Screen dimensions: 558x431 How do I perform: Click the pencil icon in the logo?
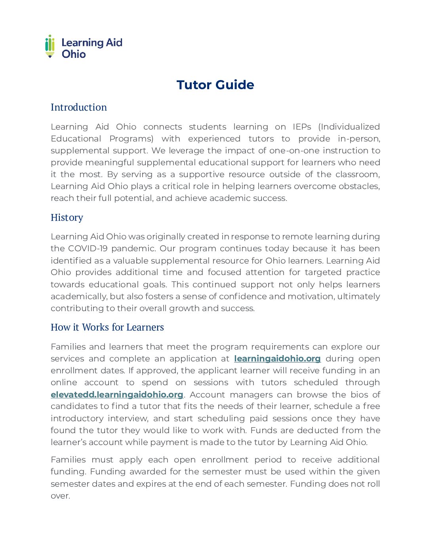pyautogui.click(x=50, y=46)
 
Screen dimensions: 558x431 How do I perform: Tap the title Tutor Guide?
pyautogui.click(x=215, y=85)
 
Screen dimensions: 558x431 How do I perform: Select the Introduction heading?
pyautogui.click(x=79, y=107)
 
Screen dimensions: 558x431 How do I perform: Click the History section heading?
pyautogui.click(x=67, y=218)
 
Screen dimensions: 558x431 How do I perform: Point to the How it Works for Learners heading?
pyautogui.click(x=107, y=327)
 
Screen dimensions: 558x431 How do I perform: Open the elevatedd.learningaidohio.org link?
pyautogui.click(x=117, y=395)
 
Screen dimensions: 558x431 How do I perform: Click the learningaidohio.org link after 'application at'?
pyautogui.click(x=277, y=359)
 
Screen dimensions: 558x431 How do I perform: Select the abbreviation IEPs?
pyautogui.click(x=302, y=127)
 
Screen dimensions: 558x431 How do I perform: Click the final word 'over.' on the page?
pyautogui.click(x=60, y=496)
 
